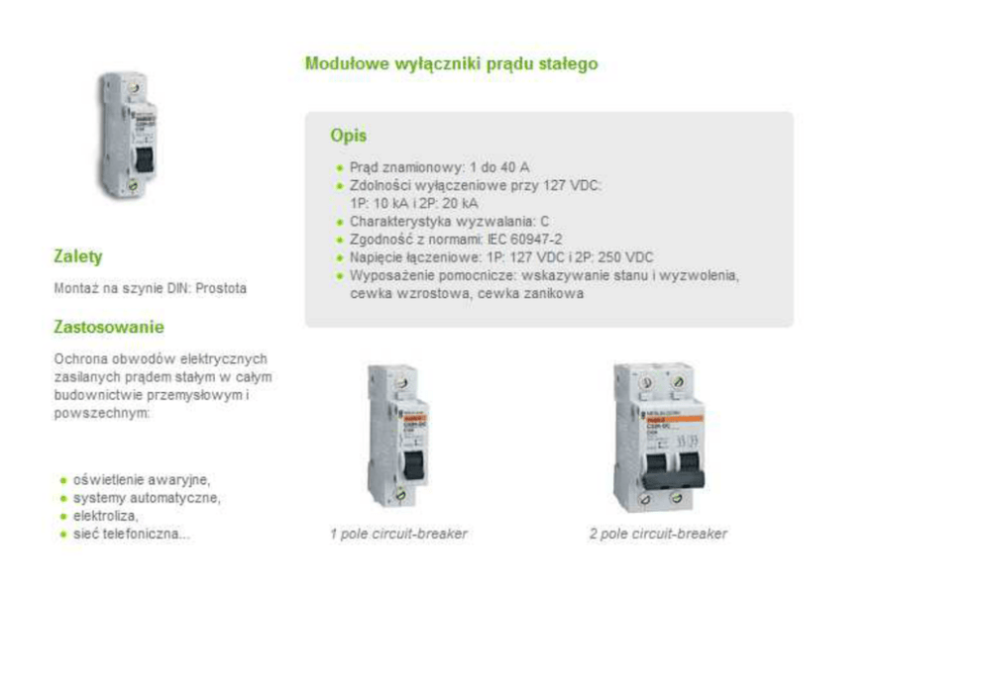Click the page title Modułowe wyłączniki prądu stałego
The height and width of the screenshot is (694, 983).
[452, 64]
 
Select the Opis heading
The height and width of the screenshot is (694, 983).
[349, 136]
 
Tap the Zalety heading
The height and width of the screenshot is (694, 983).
[77, 256]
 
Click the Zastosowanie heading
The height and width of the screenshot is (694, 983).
[109, 327]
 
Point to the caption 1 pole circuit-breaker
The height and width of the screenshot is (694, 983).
[398, 534]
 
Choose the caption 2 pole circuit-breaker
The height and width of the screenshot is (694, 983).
[658, 534]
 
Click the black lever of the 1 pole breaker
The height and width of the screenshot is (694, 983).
[413, 466]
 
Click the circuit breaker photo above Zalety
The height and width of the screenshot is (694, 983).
[128, 136]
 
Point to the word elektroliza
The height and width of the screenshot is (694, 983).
[105, 516]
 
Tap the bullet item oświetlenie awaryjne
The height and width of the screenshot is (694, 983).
[142, 480]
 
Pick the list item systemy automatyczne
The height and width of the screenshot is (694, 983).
[147, 498]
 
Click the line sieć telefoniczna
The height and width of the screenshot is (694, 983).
[131, 535]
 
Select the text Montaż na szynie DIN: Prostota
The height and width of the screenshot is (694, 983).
[150, 289]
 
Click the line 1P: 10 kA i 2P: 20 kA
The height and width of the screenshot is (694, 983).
[414, 204]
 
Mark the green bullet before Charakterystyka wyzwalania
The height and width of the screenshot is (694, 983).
[340, 222]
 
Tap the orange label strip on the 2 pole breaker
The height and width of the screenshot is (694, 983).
[673, 419]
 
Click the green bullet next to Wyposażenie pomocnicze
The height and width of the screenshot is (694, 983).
[340, 275]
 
